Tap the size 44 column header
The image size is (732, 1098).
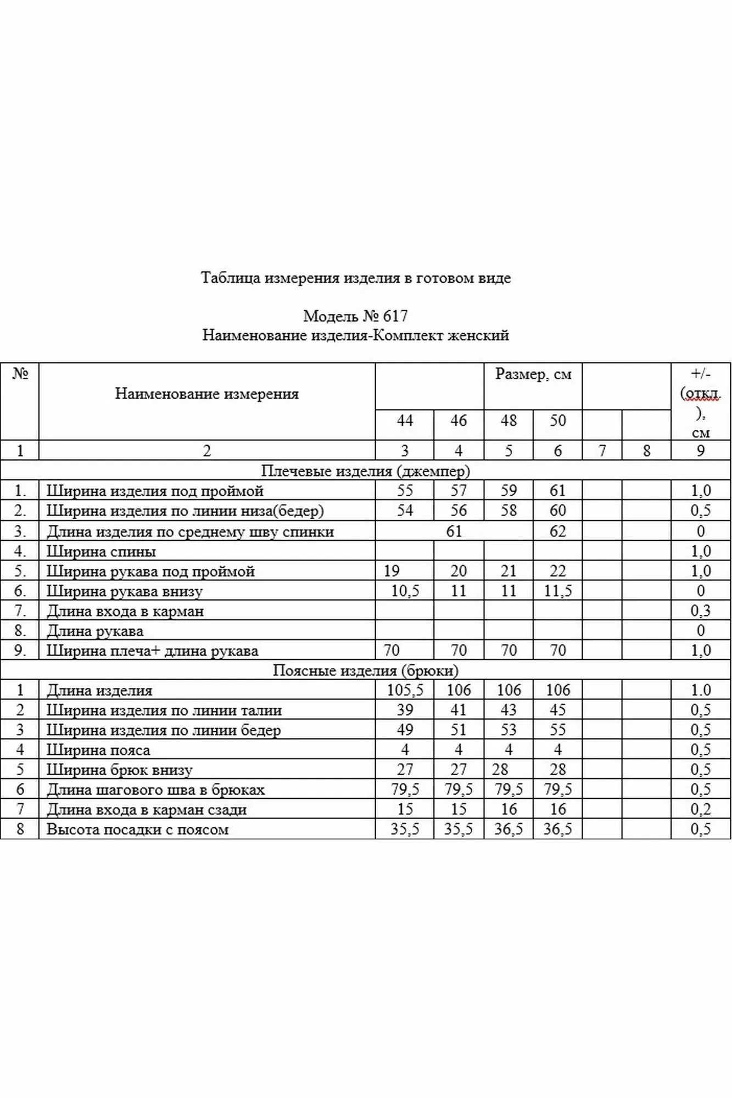(x=405, y=421)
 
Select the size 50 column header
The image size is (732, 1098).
(x=557, y=421)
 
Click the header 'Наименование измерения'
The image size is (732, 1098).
(x=206, y=394)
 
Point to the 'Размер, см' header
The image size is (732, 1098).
(x=533, y=374)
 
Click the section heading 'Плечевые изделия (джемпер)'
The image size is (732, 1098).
(x=365, y=470)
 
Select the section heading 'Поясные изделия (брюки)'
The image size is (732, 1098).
(x=365, y=670)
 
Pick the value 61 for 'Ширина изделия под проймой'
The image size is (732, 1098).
(x=557, y=490)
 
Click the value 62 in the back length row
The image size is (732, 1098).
(x=557, y=531)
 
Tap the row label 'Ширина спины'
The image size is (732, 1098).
(x=101, y=551)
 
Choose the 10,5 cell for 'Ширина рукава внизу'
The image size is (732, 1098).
(x=405, y=591)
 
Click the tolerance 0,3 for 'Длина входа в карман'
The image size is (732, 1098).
(x=700, y=610)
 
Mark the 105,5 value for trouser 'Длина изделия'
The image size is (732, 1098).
(x=405, y=690)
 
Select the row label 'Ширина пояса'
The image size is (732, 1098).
(x=98, y=750)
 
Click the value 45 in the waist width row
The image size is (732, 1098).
(x=557, y=710)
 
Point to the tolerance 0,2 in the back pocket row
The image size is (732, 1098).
(x=700, y=809)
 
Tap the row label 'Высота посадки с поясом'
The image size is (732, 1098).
(x=137, y=829)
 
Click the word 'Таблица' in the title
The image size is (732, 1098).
(x=231, y=278)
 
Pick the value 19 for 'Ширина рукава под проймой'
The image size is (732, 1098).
(x=392, y=571)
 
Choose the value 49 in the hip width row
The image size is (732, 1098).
(x=405, y=730)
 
